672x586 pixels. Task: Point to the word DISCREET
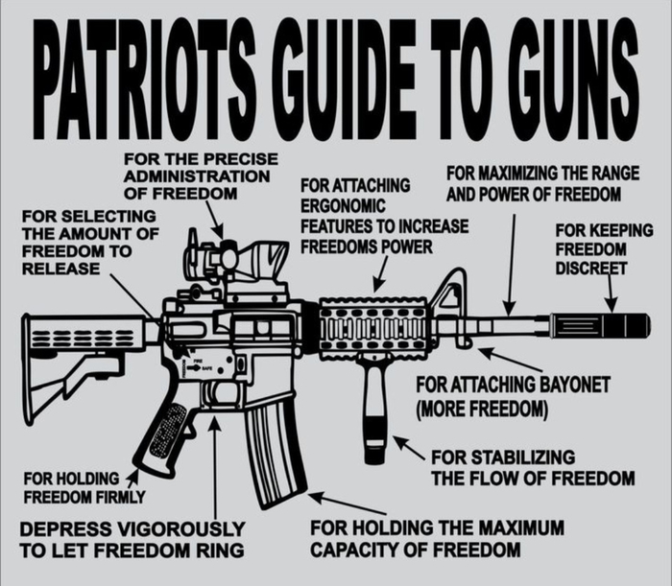(590, 268)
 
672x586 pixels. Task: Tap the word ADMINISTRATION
(196, 176)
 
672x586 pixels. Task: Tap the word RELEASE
(60, 269)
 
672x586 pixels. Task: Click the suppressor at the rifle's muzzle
(599, 325)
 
